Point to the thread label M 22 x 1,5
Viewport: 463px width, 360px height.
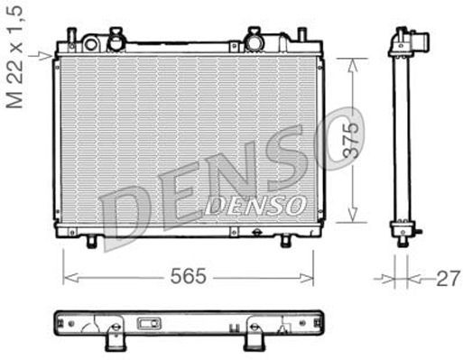pyautogui.click(x=14, y=55)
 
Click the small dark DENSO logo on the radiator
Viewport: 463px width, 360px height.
pyautogui.click(x=256, y=207)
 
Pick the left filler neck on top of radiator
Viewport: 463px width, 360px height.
pyautogui.click(x=113, y=41)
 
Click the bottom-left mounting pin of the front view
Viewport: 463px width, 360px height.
pyautogui.click(x=92, y=241)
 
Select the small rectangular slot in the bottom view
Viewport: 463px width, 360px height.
pyautogui.click(x=147, y=322)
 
